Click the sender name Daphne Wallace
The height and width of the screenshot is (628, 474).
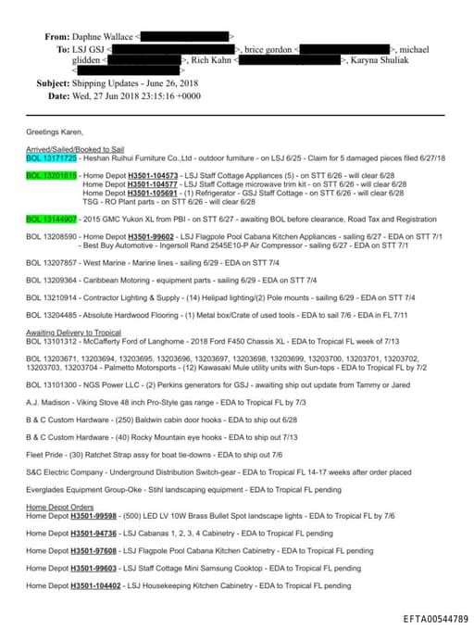104,36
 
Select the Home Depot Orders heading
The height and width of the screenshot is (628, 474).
60,507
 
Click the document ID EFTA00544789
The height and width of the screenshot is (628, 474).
436,617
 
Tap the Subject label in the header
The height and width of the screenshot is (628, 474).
54,83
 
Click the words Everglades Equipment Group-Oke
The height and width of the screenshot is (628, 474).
80,489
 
